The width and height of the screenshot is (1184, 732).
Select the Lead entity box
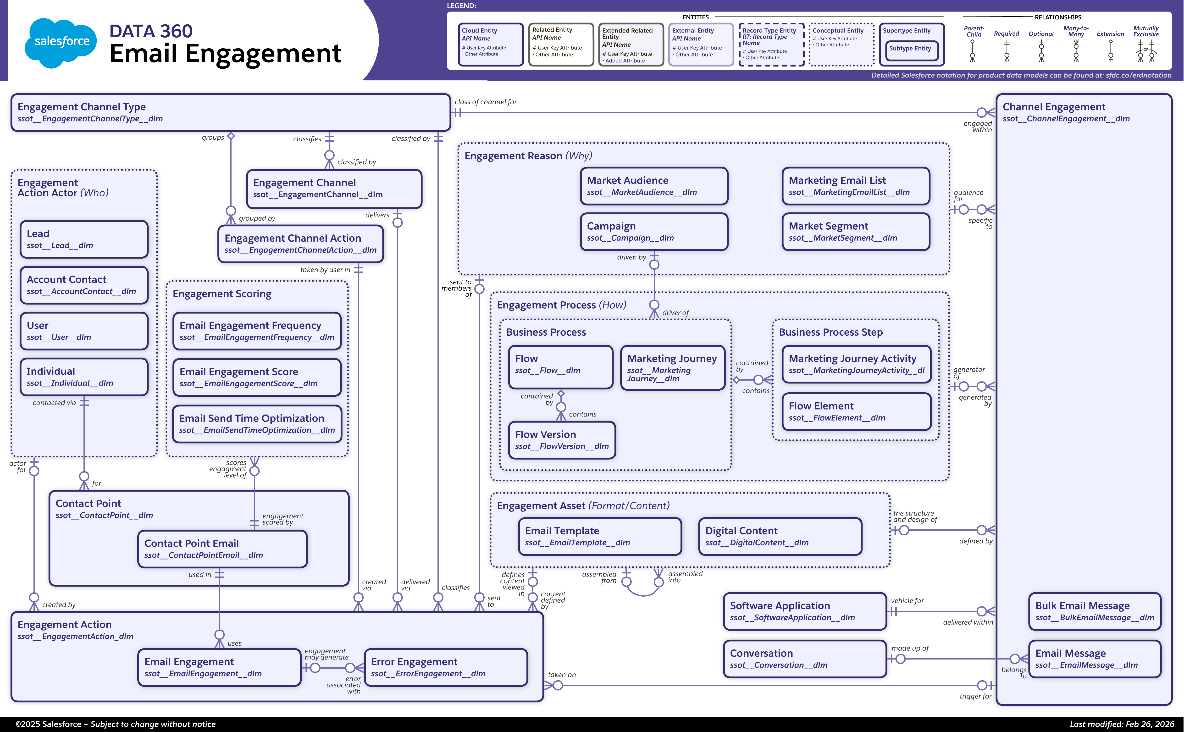point(84,239)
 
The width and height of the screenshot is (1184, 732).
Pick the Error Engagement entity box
point(445,667)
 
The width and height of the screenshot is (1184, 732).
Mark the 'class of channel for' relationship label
point(486,102)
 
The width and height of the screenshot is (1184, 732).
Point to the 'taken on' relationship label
point(562,674)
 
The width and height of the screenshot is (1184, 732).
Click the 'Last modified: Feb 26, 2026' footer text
point(1122,724)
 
